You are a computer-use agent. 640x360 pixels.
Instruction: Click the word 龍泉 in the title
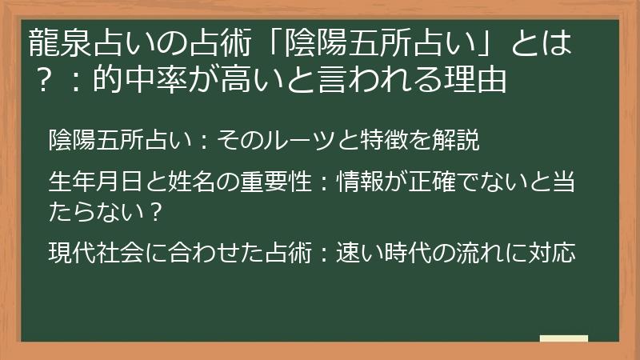pyautogui.click(x=55, y=43)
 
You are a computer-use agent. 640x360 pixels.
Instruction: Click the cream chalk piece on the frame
pyautogui.click(x=564, y=338)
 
